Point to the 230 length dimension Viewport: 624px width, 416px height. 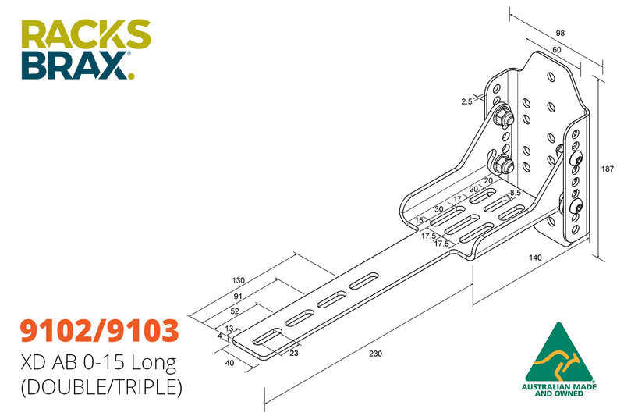click(375, 354)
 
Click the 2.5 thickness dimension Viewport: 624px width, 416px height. click(467, 101)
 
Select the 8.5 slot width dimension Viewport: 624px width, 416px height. click(516, 192)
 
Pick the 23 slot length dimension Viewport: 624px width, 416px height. click(294, 353)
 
